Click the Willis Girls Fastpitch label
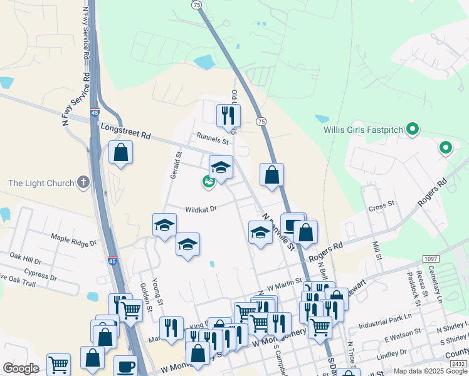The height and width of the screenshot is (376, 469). pos(361,130)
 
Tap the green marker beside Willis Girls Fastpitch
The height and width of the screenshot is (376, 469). pos(412,130)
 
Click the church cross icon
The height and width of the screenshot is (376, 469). pos(83,183)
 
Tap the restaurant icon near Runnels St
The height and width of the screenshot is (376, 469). pos(228,115)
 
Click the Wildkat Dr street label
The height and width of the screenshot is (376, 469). pos(200,209)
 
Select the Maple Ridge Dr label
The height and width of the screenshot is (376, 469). pos(74,238)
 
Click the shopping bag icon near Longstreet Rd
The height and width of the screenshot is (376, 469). pos(120,152)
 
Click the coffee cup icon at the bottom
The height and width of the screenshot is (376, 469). pos(125,366)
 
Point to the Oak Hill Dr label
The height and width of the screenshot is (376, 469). pos(26,259)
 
